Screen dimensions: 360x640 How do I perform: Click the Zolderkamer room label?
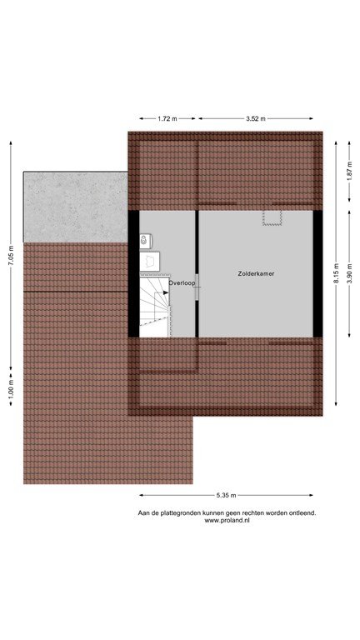pos(256,274)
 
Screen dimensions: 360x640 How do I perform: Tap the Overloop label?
pos(182,282)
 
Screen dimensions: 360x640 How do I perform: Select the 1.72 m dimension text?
pos(167,119)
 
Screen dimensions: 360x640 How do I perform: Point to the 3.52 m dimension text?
pos(256,119)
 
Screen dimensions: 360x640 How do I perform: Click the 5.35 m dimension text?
pos(226,496)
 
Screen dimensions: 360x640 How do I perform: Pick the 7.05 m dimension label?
pos(11,257)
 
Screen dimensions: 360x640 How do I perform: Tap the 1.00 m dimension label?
pos(11,389)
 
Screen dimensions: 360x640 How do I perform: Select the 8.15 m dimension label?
pos(336,273)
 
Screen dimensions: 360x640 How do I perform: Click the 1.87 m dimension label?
pos(349,172)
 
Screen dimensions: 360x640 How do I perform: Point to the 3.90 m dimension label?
pos(349,273)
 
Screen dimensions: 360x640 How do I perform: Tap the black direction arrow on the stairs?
pos(166,292)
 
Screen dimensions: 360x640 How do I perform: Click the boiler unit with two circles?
pos(145,241)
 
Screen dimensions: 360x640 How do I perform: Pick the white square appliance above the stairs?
pos(149,261)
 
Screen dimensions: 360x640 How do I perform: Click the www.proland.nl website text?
pos(227,520)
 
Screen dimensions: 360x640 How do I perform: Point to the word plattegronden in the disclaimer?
pos(177,513)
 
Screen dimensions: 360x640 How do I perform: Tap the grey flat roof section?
pos(76,207)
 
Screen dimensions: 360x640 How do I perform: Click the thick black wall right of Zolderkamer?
pos(318,274)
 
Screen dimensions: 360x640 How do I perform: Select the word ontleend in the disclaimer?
pos(304,513)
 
